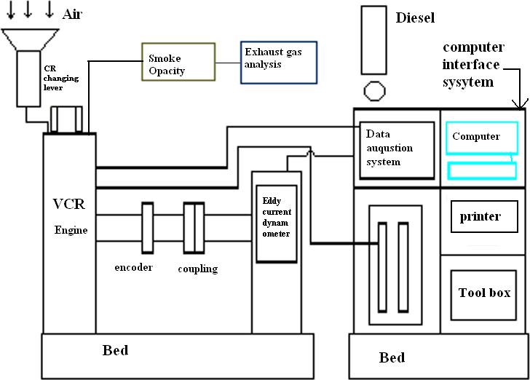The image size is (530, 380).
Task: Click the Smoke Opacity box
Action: pos(178,61)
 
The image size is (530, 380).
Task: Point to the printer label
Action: pos(480,217)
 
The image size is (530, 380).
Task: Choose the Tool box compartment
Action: pos(484,294)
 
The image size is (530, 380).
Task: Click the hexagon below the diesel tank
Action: pos(373,92)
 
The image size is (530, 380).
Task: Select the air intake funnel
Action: pos(31,40)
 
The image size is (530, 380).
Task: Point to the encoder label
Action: pos(133,267)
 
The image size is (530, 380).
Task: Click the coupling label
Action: pos(197,269)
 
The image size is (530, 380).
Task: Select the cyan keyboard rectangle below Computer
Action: pos(482,172)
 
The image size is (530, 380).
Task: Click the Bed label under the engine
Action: pos(115,351)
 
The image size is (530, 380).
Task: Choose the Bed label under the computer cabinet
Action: pos(392,357)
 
